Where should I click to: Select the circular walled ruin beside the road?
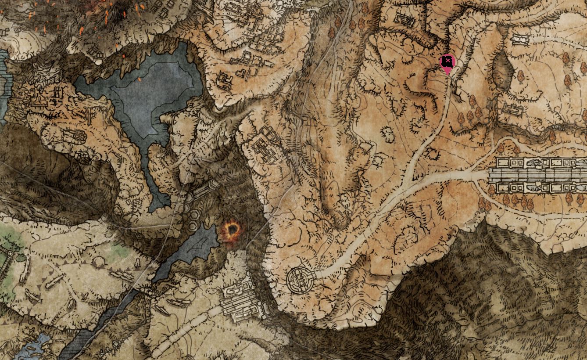pyautogui.click(x=300, y=279)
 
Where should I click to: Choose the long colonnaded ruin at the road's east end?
pyautogui.click(x=537, y=175)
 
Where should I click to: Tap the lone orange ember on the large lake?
pyautogui.click(x=139, y=79)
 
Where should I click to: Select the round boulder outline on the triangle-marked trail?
pyautogui.click(x=99, y=262)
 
